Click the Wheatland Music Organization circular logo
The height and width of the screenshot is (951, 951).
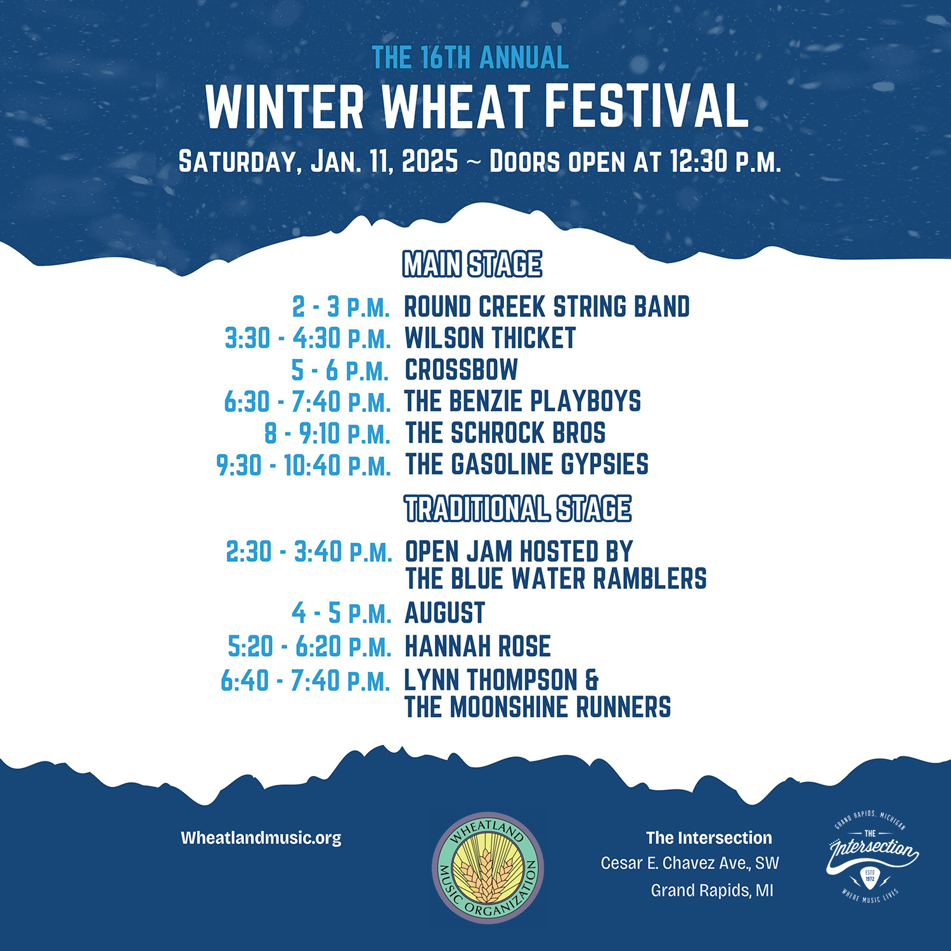(x=488, y=868)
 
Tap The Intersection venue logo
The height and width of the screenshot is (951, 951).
(x=873, y=855)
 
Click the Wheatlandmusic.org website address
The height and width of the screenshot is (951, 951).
(x=261, y=838)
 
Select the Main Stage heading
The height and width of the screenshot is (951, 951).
(x=472, y=264)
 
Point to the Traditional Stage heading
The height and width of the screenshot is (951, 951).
(x=518, y=509)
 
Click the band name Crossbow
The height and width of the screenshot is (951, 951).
(x=462, y=370)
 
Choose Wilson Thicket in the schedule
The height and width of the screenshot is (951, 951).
(x=490, y=338)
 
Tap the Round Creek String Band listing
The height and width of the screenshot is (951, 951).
(x=547, y=306)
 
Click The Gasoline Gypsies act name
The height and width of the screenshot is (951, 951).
(x=527, y=464)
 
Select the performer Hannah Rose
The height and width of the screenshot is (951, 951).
(x=478, y=646)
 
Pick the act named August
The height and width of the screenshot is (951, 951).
(x=445, y=613)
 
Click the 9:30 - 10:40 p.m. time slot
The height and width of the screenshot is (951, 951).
(x=304, y=465)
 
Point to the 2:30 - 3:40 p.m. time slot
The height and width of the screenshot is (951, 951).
(x=309, y=552)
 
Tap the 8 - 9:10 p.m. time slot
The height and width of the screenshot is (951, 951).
(x=328, y=434)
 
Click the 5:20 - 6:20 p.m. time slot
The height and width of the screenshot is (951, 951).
(x=310, y=647)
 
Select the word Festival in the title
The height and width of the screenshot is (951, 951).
(x=647, y=107)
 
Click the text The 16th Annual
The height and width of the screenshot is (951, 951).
(x=470, y=58)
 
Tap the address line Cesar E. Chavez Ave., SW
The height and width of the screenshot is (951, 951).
(x=690, y=864)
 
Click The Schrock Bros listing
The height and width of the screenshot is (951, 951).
(x=505, y=433)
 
